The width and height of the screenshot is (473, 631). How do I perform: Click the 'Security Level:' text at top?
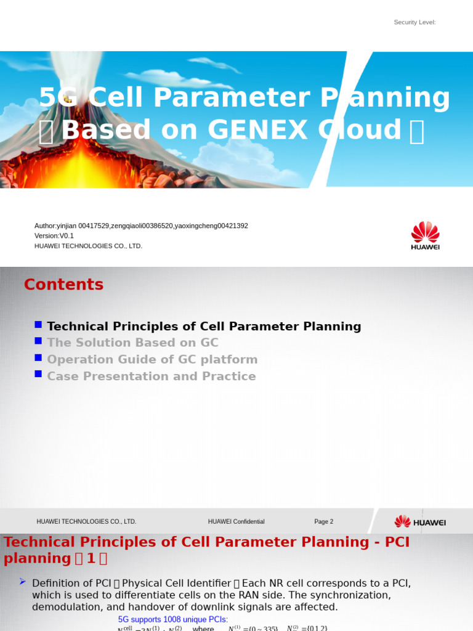click(414, 23)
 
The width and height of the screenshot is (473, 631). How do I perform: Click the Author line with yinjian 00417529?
click(141, 226)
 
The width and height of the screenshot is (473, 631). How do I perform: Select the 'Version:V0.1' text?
click(54, 236)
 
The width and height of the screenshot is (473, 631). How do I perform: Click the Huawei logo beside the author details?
click(425, 235)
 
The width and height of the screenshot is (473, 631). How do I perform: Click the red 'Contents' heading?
click(63, 285)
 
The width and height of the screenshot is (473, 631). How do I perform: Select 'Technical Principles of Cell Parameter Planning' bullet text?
click(204, 327)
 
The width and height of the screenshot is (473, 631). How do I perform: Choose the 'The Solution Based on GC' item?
click(132, 343)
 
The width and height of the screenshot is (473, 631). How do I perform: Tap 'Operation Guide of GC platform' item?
click(152, 360)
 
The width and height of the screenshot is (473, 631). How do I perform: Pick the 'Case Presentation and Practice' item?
click(151, 377)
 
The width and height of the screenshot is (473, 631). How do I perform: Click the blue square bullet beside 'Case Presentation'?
click(38, 374)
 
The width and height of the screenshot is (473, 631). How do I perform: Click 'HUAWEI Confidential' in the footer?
click(236, 522)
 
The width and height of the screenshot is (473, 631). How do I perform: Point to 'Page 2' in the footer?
click(323, 522)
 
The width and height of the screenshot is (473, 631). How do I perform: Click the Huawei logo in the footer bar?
click(420, 522)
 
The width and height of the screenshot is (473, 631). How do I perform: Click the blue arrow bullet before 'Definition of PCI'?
click(23, 581)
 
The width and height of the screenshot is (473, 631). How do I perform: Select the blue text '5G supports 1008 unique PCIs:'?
click(172, 619)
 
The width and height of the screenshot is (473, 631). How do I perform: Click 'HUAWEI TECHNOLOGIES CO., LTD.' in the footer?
click(86, 522)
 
